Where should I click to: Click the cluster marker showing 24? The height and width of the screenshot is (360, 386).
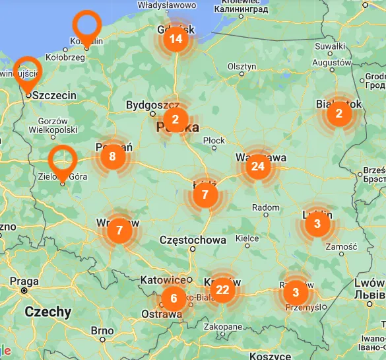tap(257, 166)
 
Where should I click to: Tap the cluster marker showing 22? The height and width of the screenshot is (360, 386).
tap(223, 289)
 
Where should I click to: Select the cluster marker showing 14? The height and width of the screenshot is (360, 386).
tap(176, 39)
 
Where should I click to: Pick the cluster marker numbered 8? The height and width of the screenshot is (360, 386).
tap(112, 157)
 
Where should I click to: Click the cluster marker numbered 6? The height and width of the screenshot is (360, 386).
tap(174, 299)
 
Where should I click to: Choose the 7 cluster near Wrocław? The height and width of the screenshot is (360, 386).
tap(119, 231)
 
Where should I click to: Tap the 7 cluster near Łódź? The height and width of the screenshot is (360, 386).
tap(205, 195)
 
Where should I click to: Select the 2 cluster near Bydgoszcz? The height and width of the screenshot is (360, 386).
tap(176, 120)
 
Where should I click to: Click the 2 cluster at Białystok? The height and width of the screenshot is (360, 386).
tap(338, 113)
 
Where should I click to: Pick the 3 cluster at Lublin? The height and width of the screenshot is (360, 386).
tap(317, 224)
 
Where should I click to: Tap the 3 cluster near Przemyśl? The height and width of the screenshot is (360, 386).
tap(296, 292)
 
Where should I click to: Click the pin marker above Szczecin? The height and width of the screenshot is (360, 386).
tap(28, 71)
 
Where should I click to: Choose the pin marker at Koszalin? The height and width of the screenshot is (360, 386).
tap(86, 25)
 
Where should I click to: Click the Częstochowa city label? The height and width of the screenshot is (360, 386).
tap(193, 240)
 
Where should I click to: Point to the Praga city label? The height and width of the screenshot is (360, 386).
tap(24, 281)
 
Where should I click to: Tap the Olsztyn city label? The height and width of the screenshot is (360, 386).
tap(241, 67)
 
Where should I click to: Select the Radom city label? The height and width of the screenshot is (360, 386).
tap(266, 207)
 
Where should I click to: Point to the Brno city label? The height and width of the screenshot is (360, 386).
tap(102, 330)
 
